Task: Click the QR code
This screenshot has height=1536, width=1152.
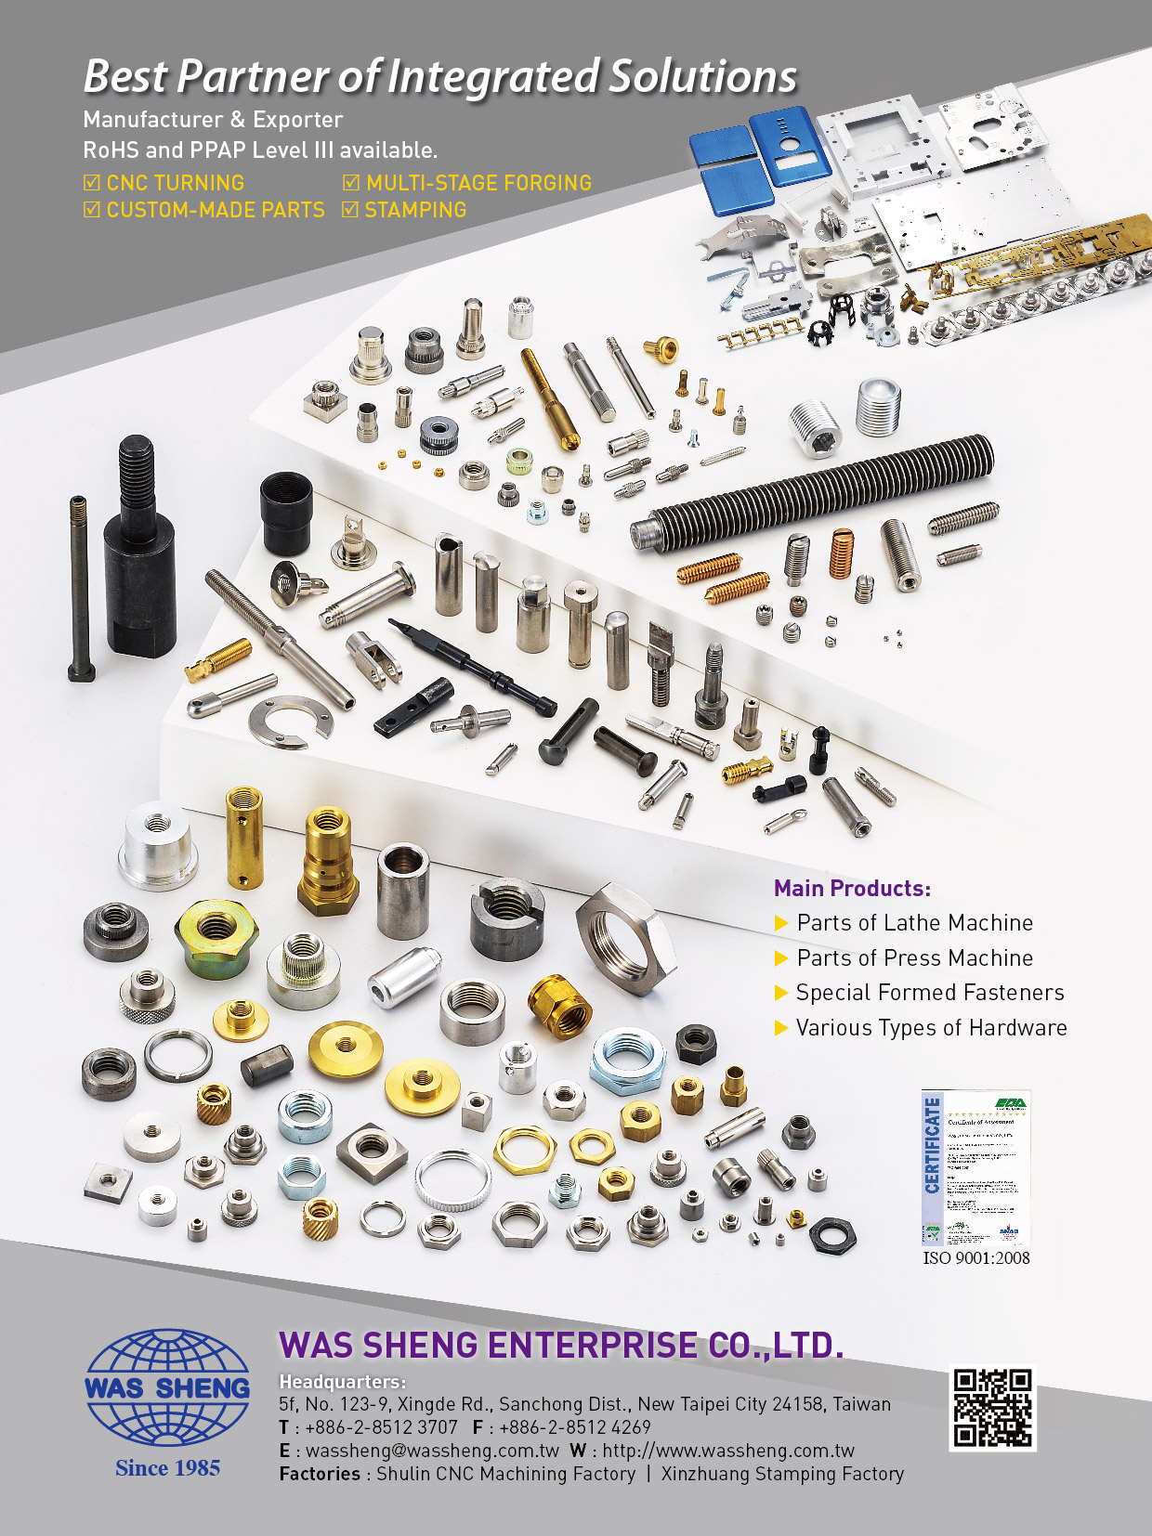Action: click(992, 1408)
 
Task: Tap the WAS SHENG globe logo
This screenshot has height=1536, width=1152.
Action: click(168, 1387)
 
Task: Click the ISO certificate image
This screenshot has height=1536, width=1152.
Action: click(975, 1168)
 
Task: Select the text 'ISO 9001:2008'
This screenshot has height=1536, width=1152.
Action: click(975, 1258)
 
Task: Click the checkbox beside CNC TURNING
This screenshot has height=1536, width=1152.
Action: click(92, 183)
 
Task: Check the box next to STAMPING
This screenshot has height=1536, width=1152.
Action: click(350, 210)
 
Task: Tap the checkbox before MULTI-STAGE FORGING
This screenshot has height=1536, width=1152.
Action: click(351, 183)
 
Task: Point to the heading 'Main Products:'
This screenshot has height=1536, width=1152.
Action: click(852, 889)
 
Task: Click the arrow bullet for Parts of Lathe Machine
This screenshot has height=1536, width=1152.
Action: click(781, 923)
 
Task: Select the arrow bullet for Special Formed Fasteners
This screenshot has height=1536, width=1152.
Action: click(781, 993)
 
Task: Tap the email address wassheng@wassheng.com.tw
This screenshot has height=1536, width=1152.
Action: click(432, 1451)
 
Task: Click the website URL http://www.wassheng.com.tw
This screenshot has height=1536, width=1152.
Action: click(728, 1451)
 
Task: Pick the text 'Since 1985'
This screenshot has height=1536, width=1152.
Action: click(168, 1468)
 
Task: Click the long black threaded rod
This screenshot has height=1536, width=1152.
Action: click(813, 492)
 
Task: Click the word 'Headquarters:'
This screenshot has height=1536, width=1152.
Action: click(342, 1382)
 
